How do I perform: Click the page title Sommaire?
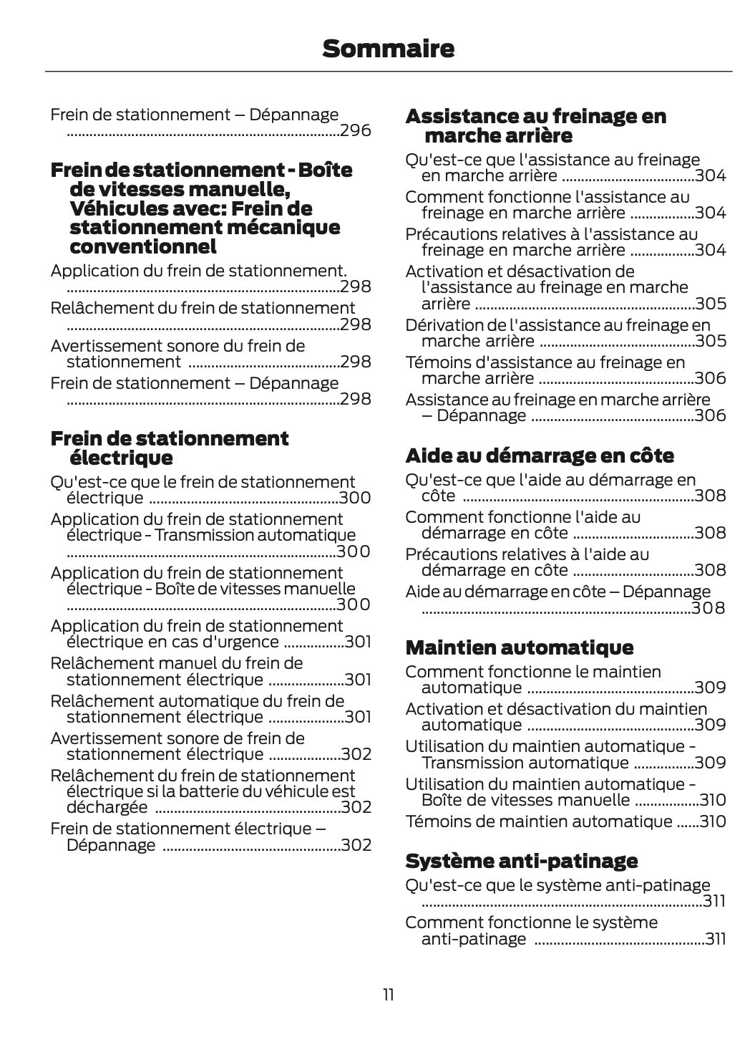388,49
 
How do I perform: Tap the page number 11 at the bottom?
388,995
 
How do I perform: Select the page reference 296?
356,131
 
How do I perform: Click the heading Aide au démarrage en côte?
540,455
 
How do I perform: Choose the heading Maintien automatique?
519,647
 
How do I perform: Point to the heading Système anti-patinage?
521,860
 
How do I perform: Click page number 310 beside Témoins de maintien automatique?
713,821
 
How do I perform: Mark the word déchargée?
107,808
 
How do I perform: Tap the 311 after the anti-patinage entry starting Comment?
716,939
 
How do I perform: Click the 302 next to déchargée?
356,808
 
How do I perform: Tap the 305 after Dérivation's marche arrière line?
711,341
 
